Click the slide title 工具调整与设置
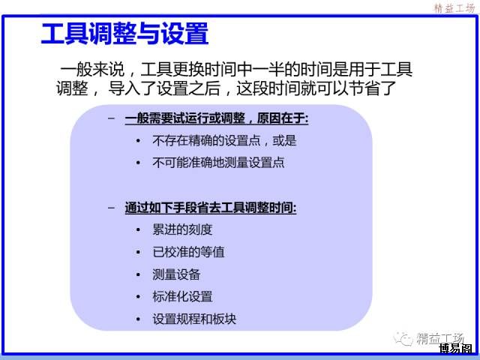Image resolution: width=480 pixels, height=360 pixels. (125, 34)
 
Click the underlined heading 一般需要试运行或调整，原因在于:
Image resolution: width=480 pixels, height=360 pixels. (217, 118)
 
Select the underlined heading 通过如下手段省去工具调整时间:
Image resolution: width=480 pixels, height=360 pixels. (211, 208)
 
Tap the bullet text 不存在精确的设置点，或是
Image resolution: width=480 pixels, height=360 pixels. (224, 141)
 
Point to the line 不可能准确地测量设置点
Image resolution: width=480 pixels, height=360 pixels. (218, 163)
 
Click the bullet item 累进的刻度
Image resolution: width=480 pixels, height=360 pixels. (182, 229)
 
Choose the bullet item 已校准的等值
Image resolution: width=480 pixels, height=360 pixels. (188, 252)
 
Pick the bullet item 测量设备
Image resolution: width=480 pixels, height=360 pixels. (176, 274)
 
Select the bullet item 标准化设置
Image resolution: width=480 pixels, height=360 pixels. (182, 297)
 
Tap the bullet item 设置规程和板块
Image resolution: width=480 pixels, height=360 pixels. (194, 319)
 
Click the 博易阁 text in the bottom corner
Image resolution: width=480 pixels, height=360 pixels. (455, 348)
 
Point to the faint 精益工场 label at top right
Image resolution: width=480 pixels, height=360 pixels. (454, 8)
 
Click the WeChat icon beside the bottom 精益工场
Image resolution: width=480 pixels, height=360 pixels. (403, 338)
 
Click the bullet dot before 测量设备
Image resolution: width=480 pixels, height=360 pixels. (138, 274)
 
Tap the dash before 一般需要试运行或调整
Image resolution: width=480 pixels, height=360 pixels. (112, 118)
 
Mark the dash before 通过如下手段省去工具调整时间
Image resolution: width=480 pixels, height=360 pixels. (112, 208)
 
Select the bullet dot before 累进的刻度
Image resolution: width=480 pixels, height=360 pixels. (138, 230)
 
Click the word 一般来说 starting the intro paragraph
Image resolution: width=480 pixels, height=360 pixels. (92, 70)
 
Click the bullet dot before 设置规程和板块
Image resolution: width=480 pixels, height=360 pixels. (138, 319)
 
